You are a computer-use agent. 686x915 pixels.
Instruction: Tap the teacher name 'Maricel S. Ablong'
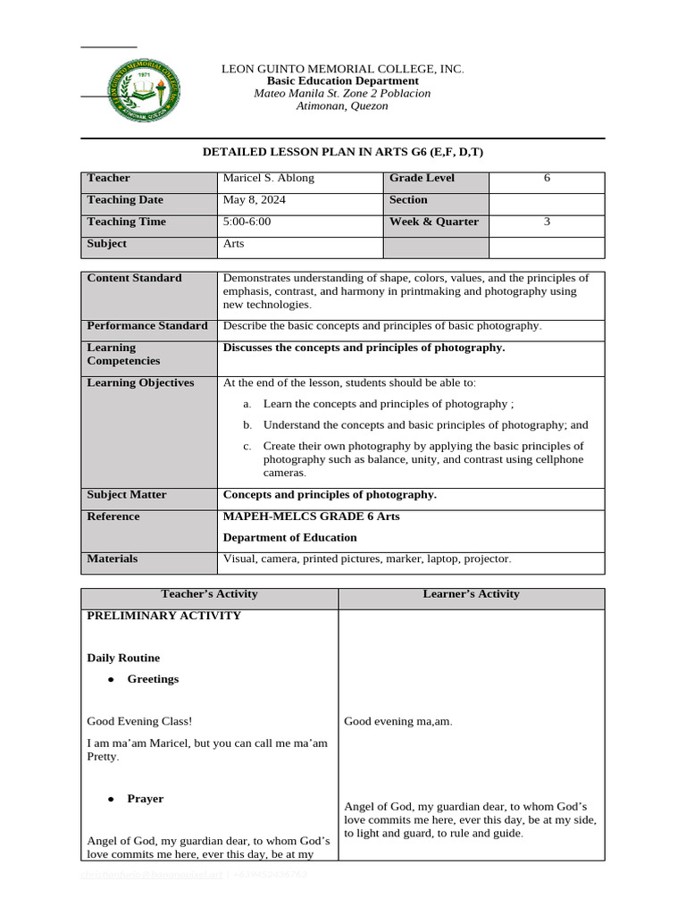[268, 178]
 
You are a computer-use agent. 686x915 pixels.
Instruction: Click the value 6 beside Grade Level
[547, 178]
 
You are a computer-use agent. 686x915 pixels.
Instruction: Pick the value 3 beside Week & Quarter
[547, 222]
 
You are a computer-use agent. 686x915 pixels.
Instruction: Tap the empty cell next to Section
[547, 200]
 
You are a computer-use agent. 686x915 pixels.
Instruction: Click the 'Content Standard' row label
[134, 278]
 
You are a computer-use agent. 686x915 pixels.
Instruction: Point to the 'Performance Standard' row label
[147, 326]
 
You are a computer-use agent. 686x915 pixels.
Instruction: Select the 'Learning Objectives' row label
[140, 383]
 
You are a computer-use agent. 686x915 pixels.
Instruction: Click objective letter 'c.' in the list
[247, 446]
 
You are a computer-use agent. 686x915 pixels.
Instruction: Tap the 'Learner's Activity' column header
[471, 594]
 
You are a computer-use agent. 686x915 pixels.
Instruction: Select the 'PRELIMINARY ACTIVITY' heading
[163, 616]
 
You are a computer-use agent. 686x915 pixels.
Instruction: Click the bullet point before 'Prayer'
[112, 799]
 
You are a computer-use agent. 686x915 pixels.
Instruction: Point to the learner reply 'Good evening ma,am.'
[398, 721]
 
